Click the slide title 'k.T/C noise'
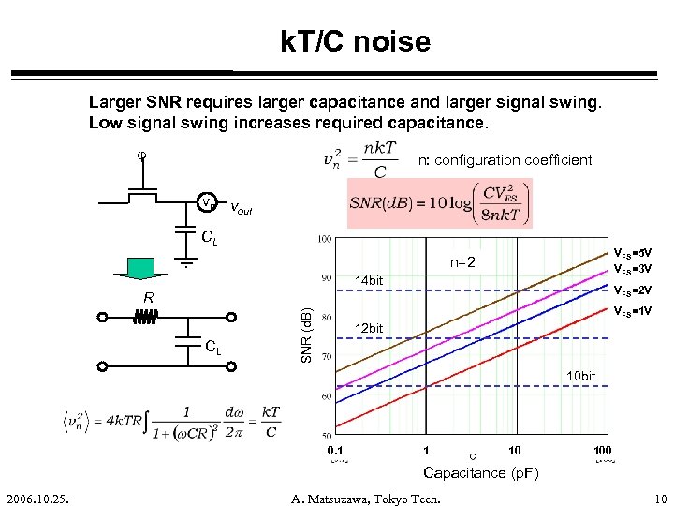point(355,41)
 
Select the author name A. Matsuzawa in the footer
point(364,498)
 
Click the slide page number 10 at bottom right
point(660,498)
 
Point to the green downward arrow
point(141,266)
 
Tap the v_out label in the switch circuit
point(241,209)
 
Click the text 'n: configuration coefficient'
point(505,160)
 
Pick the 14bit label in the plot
point(370,280)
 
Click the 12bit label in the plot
point(370,328)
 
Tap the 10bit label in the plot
point(580,376)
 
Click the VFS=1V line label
point(633,311)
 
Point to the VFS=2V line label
point(633,289)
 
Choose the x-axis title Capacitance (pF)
point(481,473)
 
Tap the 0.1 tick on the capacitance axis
point(335,451)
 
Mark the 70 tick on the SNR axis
point(324,357)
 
